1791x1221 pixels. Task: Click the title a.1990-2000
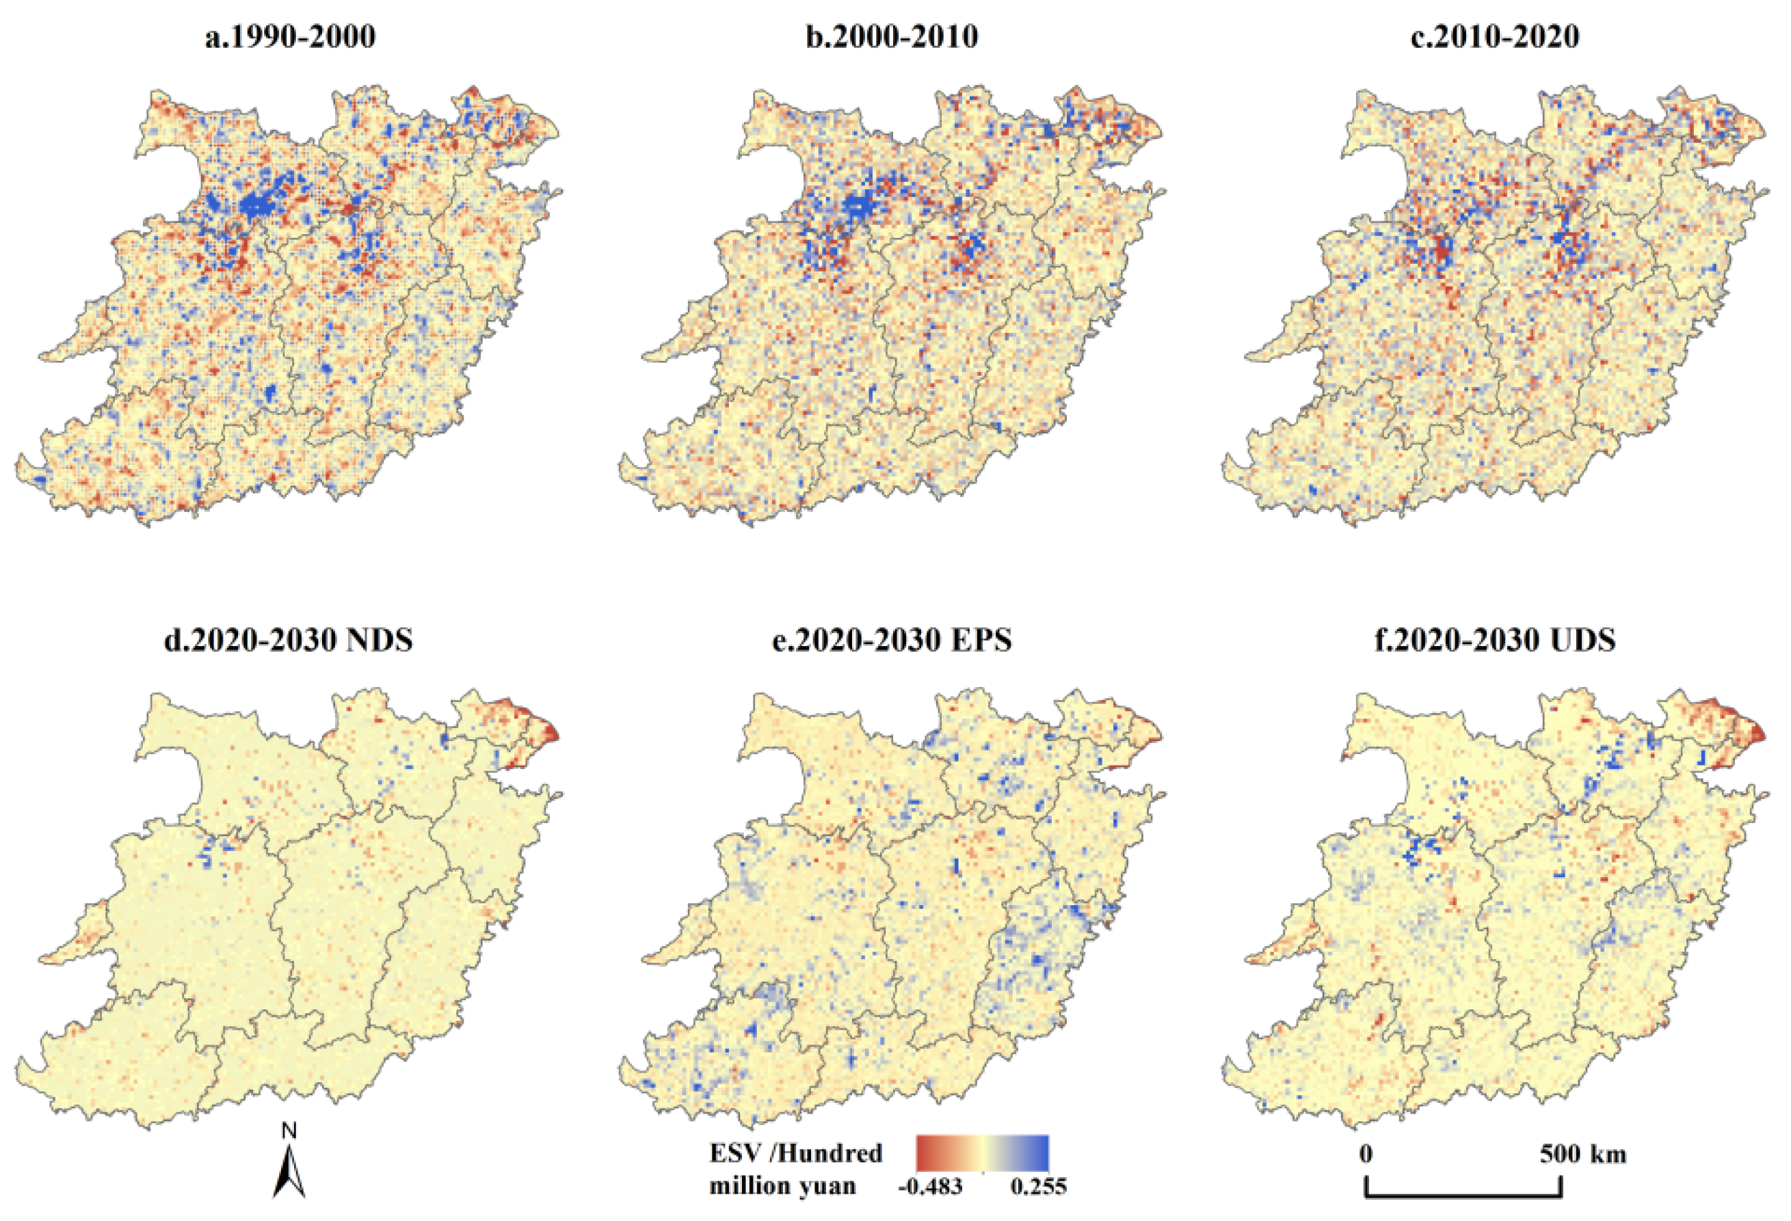pos(290,37)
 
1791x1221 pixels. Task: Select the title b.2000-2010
pos(892,37)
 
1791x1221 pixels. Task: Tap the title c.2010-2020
pos(1495,37)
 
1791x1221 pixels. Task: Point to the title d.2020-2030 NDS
pos(288,640)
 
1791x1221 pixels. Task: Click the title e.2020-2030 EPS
pos(892,640)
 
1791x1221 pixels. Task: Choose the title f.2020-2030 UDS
pos(1495,640)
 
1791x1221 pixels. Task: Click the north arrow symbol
pos(289,1172)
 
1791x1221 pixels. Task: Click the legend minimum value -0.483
pos(930,1186)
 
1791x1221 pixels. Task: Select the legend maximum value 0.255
pos(1039,1186)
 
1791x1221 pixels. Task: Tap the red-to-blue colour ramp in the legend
pos(983,1153)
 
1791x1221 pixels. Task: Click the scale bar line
pos(1463,1197)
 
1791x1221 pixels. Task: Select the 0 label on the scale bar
pos(1366,1154)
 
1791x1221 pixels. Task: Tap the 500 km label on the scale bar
pos(1583,1154)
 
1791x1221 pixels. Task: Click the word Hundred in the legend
pos(838,1153)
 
